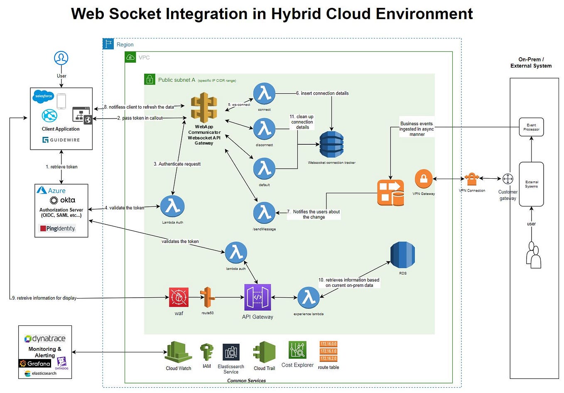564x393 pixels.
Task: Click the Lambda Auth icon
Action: pos(172,206)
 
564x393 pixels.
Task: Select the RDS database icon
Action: pos(402,255)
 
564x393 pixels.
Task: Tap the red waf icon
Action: pos(179,297)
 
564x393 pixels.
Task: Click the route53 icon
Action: pos(207,297)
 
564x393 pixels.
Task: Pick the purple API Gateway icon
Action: pos(257,297)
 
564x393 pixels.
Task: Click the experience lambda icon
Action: pos(308,298)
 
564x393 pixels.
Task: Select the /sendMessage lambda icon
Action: pos(264,213)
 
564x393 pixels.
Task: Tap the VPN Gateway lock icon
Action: pos(424,179)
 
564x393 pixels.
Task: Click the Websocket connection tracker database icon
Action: pos(331,145)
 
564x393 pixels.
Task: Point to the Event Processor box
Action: pos(531,127)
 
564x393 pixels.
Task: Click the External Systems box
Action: pos(531,184)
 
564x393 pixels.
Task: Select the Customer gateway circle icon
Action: pos(508,179)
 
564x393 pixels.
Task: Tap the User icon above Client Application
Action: pos(61,58)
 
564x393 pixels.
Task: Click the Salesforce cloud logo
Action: pos(44,96)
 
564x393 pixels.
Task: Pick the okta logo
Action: pos(62,200)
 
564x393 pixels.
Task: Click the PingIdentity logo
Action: pos(58,228)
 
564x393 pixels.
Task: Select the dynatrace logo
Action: pos(45,339)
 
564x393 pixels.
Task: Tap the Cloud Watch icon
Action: pos(178,352)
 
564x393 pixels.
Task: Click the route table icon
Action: pos(328,351)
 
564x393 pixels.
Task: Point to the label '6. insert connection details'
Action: pos(322,93)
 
